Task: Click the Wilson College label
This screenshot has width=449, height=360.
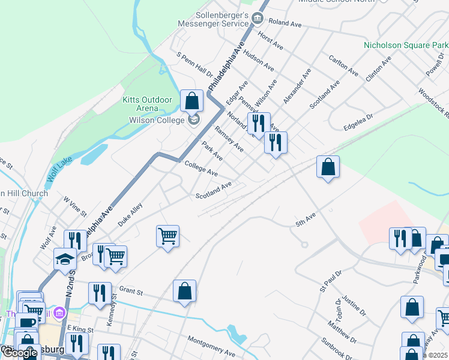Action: pyautogui.click(x=157, y=120)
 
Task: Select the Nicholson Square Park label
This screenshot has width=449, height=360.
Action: pyautogui.click(x=406, y=46)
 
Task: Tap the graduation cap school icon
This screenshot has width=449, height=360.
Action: pyautogui.click(x=65, y=259)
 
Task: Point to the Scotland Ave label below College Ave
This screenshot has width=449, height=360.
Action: pyautogui.click(x=213, y=191)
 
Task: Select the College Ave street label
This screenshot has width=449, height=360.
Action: pyautogui.click(x=201, y=167)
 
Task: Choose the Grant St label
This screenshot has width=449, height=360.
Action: pyautogui.click(x=130, y=292)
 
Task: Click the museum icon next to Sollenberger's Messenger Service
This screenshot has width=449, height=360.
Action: pyautogui.click(x=258, y=19)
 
